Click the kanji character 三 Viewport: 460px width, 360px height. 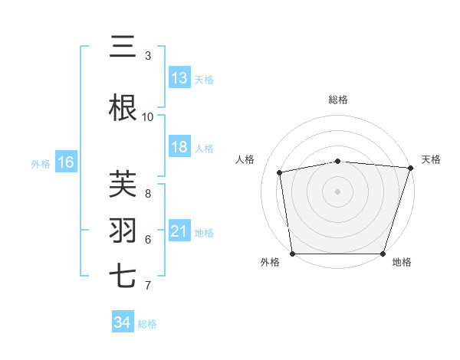point(123,47)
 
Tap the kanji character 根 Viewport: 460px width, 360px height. point(123,108)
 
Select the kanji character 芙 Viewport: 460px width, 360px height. point(123,185)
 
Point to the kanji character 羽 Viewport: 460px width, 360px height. point(123,231)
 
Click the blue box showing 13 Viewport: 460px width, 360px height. point(179,78)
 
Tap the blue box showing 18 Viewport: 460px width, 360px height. point(179,147)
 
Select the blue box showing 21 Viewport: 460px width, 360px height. point(179,231)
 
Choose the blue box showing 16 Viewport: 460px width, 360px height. point(65,162)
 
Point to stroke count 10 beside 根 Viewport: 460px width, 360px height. point(148,117)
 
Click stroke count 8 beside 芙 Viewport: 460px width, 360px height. point(148,194)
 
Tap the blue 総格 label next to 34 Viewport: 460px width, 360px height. point(147,324)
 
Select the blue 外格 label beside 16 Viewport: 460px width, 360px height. point(41,163)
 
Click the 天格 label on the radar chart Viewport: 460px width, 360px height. point(431,159)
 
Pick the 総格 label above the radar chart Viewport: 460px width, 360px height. point(338,100)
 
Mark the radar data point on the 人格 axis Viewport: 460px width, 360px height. point(280,172)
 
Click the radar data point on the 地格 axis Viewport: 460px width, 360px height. point(383,254)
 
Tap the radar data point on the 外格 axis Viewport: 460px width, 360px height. point(292,254)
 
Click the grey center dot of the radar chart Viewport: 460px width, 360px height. point(338,191)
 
